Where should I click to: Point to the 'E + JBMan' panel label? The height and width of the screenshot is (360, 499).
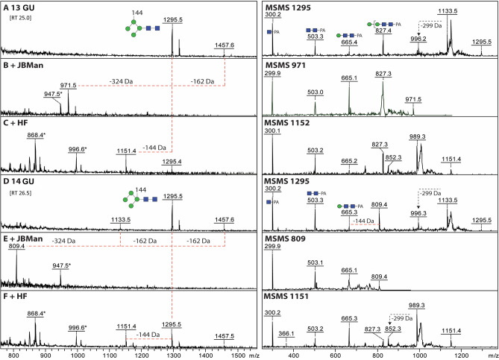coord(27,239)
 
